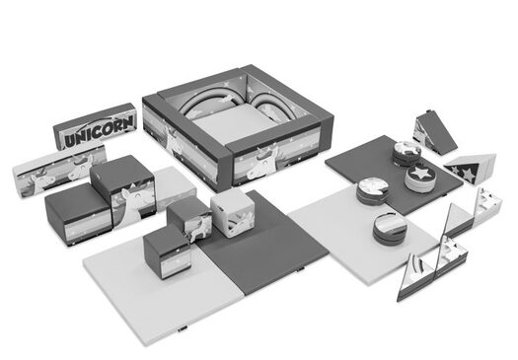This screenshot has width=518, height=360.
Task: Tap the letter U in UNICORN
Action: click(70, 140)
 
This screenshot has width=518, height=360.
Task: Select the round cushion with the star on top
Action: click(420, 178)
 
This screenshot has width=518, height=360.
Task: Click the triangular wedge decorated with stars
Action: click(470, 168)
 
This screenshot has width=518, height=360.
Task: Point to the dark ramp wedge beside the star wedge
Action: click(435, 132)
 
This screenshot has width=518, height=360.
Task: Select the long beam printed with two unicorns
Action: click(59, 170)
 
